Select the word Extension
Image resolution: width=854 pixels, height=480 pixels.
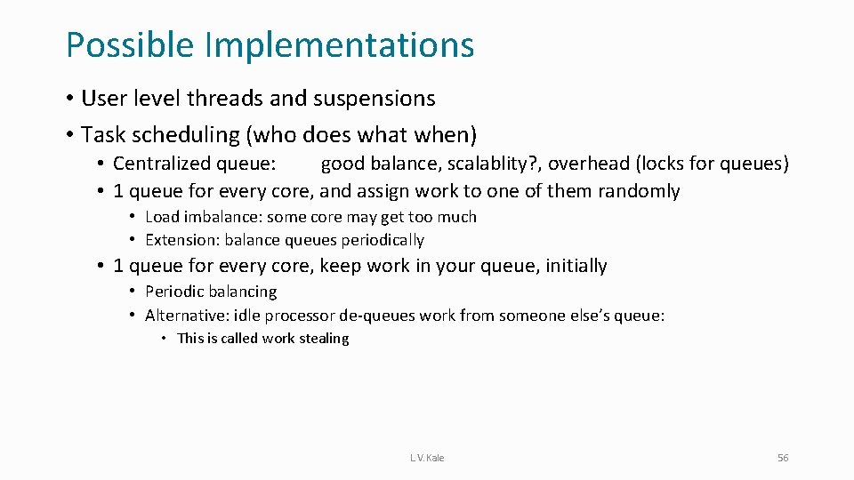point(181,240)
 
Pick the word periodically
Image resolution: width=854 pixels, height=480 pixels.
point(380,240)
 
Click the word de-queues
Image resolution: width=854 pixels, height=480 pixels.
point(419,316)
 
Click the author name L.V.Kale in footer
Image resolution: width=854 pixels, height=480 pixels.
point(427,458)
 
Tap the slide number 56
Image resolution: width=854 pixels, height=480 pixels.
point(783,458)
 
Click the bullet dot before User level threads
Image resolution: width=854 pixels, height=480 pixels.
point(69,99)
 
